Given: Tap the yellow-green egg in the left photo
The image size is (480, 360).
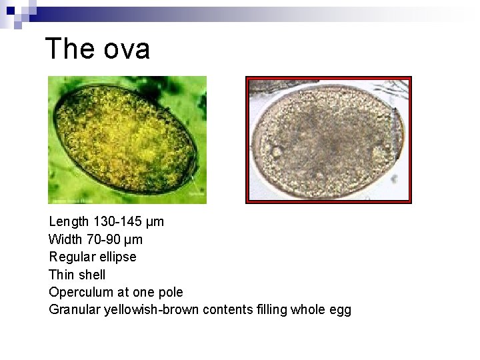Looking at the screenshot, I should (x=125, y=140).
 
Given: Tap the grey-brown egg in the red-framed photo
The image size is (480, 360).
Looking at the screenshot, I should (x=327, y=140).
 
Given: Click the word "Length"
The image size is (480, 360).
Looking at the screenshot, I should (x=67, y=221).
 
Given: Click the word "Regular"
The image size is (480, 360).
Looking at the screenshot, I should (x=71, y=257).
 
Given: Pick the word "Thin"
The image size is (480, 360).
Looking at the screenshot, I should (x=61, y=275).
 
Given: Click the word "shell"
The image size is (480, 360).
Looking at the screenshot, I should (x=91, y=275).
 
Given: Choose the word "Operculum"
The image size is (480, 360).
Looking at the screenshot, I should (x=79, y=292).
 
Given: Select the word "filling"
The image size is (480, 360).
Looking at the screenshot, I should (x=272, y=309).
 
